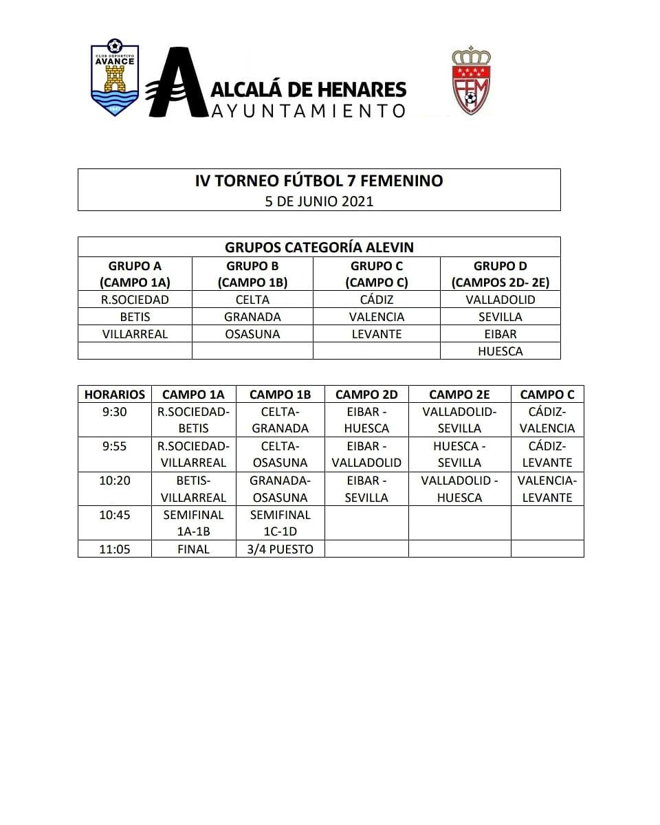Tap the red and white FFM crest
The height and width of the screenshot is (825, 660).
pos(470,80)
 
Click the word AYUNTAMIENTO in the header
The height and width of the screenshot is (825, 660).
pos(307,110)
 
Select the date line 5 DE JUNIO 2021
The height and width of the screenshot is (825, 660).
pos(319,201)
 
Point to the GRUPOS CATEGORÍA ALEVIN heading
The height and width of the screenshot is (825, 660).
pos(319,247)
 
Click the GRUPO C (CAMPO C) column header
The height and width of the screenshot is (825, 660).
pos(376,274)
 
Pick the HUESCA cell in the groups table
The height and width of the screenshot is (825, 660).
pos(500,351)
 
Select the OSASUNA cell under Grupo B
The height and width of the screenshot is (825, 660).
pos(252,334)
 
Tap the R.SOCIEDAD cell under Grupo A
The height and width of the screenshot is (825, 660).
pos(135,300)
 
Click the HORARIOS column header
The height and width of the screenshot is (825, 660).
pos(114,395)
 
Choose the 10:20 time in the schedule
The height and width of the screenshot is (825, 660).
pos(114,481)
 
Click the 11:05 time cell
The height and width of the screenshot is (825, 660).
pos(114,549)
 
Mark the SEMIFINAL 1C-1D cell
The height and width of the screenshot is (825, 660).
pos(280,523)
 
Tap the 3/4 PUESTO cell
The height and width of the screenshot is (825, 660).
pos(280,549)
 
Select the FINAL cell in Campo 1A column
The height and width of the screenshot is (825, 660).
pos(193,549)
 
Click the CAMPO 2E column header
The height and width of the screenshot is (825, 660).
pos(459,395)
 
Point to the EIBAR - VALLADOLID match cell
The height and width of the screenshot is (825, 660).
pos(366,454)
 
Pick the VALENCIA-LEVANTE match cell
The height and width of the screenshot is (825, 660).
pos(547,489)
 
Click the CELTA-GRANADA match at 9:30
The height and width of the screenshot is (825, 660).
pos(280,420)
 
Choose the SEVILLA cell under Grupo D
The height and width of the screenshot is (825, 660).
pos(500,317)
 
